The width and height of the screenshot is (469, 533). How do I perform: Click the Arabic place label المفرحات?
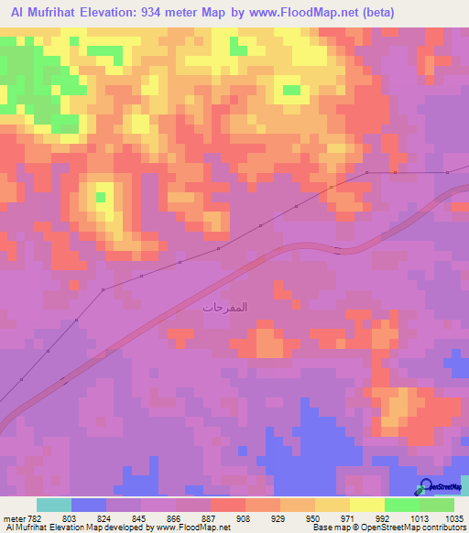pyautogui.click(x=225, y=307)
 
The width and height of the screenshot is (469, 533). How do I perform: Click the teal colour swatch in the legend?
pyautogui.click(x=53, y=505)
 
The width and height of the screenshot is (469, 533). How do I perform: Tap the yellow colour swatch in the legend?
pyautogui.click(x=366, y=505)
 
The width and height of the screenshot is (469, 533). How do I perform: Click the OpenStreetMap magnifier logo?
pyautogui.click(x=428, y=485)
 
